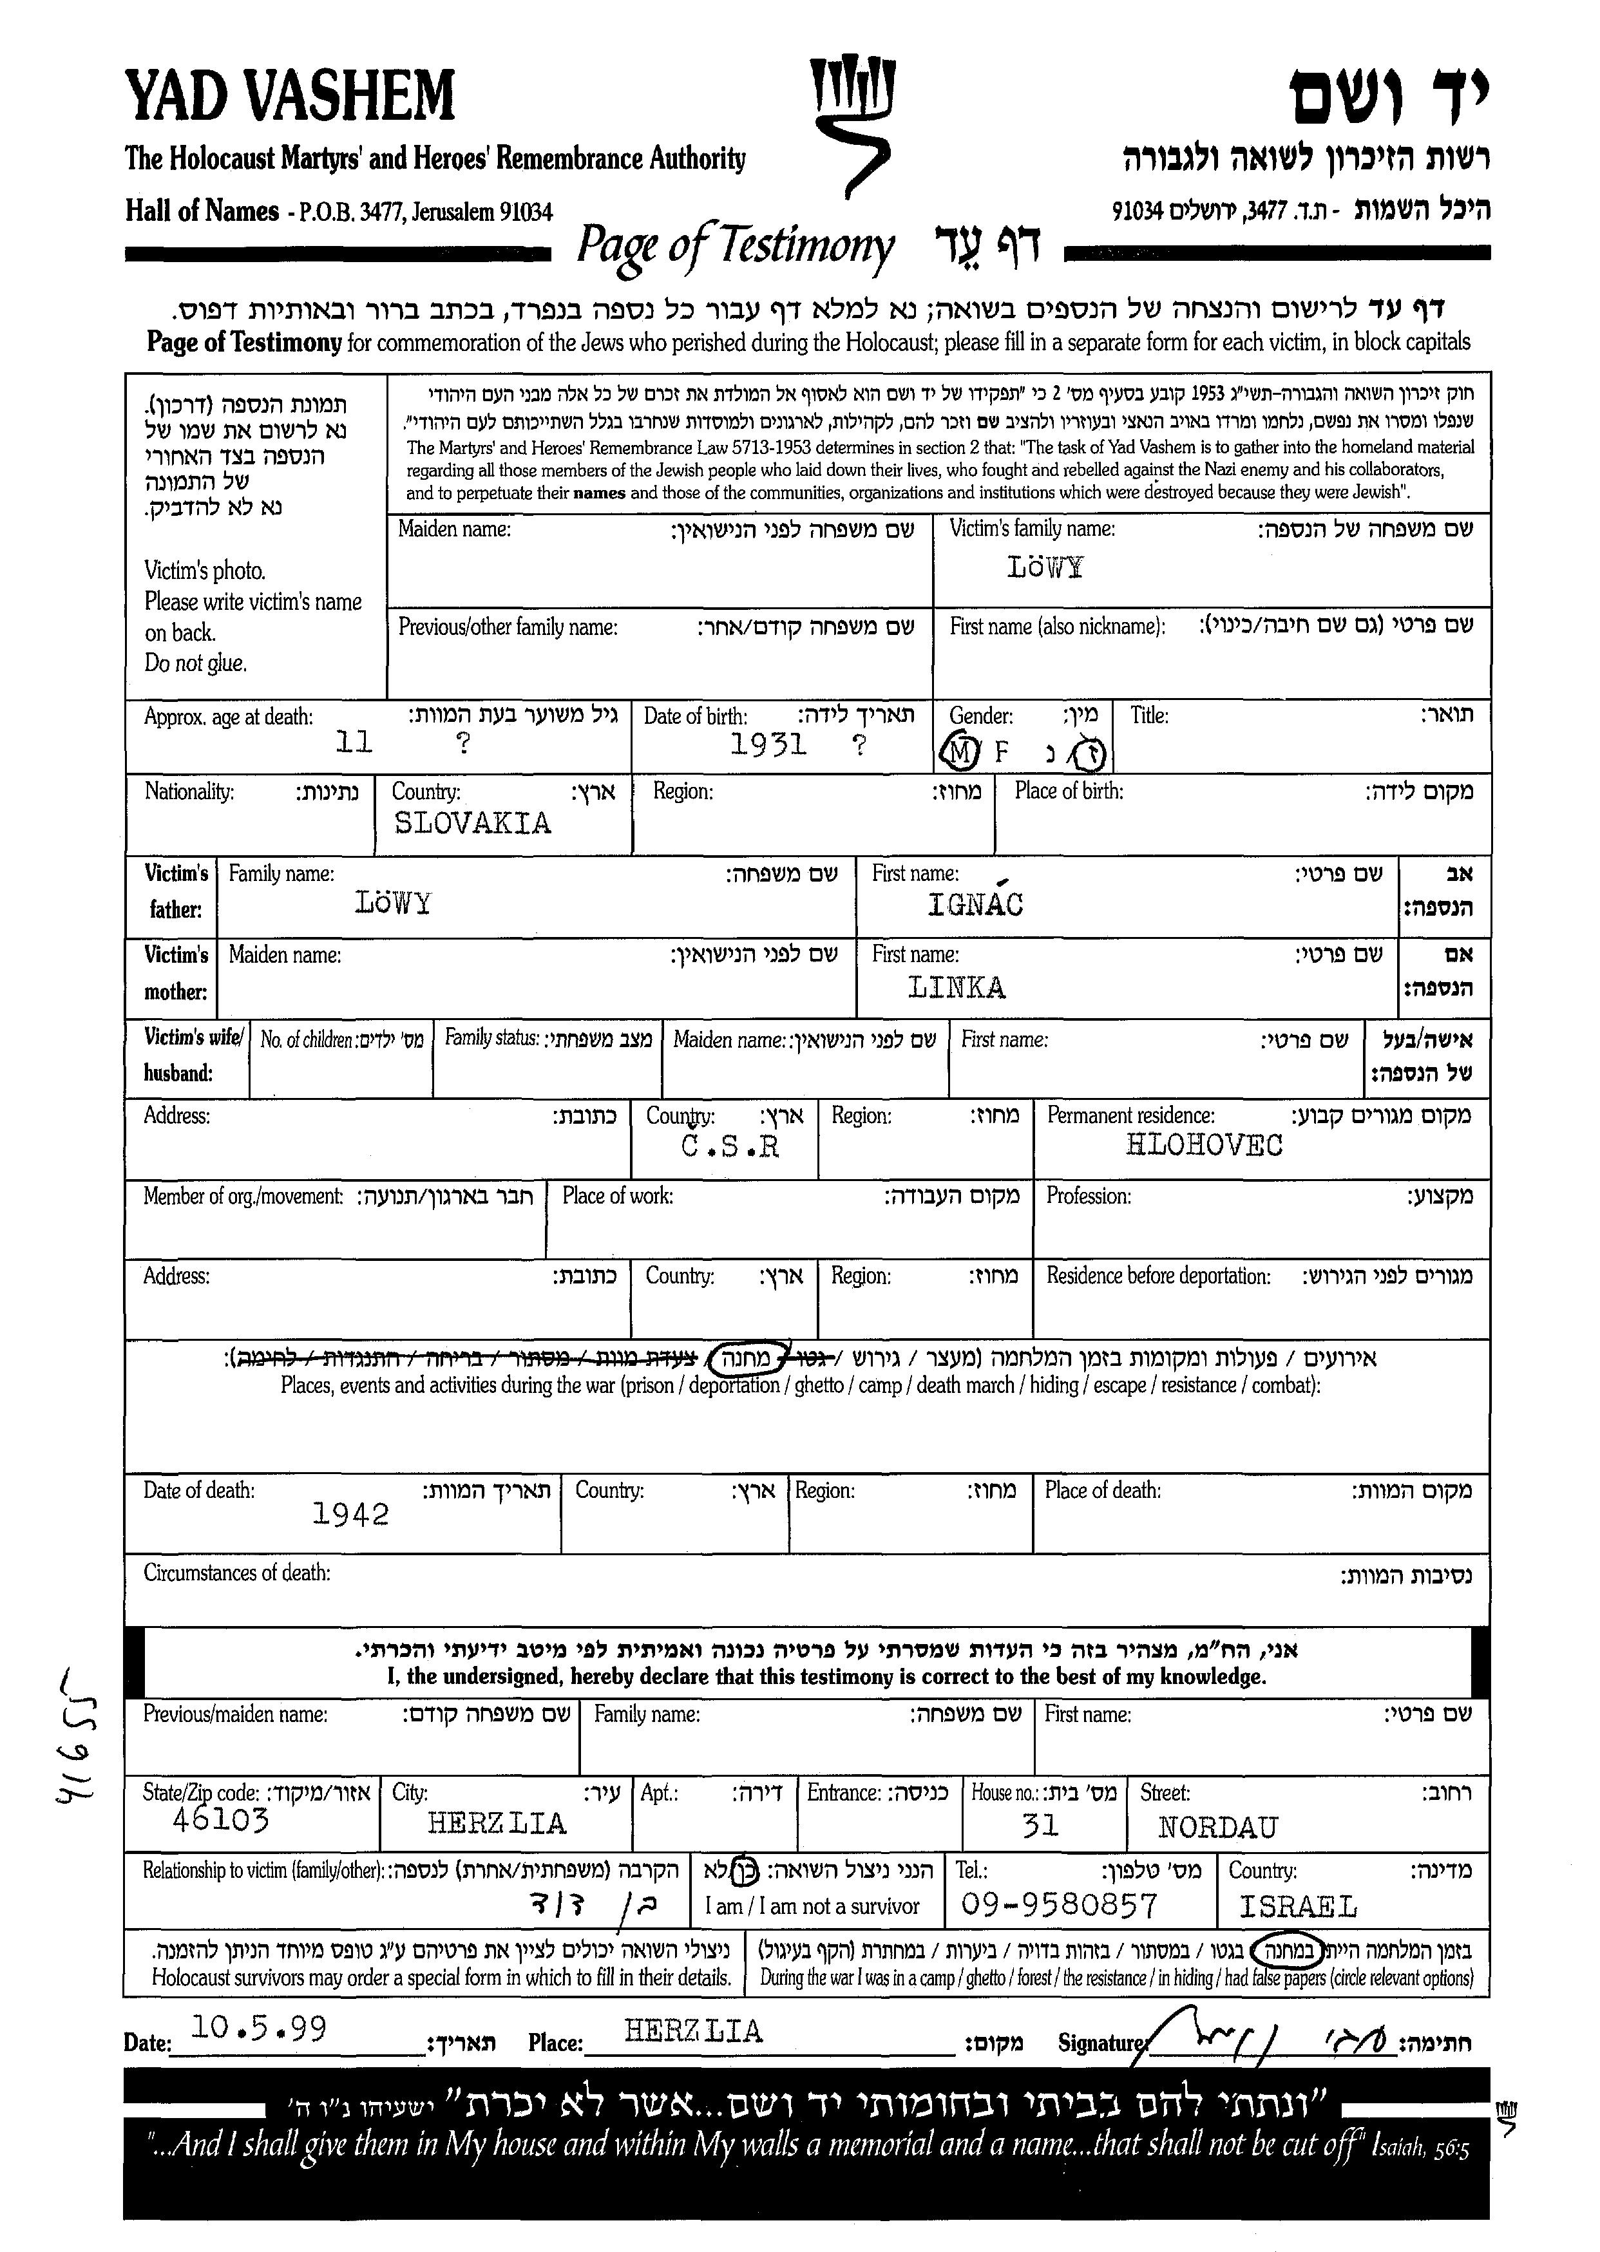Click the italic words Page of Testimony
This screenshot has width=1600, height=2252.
735,246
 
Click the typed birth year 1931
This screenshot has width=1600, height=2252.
768,744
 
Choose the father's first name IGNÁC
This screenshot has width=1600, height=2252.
975,904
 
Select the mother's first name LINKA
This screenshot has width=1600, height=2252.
956,987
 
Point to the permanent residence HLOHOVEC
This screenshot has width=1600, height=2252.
1204,1145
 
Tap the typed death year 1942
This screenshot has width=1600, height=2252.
351,1514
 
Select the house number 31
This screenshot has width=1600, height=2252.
1040,1826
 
